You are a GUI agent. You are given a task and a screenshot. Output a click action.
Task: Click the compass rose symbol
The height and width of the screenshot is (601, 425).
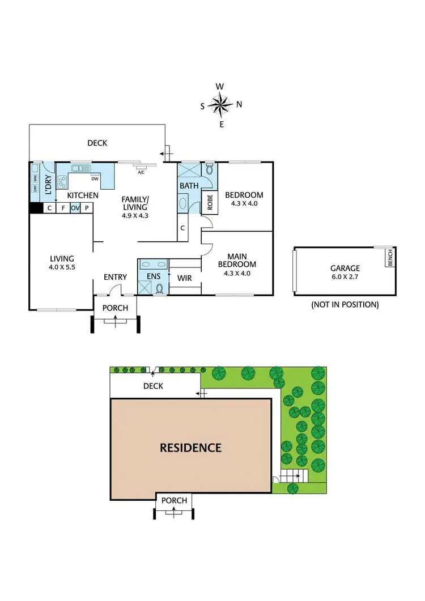point(220,105)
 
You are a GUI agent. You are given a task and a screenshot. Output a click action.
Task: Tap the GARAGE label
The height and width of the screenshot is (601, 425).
point(345,268)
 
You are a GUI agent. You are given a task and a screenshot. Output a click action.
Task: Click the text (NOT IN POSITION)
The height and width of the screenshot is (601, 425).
point(345,304)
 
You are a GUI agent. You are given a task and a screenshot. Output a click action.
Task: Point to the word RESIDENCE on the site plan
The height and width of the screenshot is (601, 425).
point(190,447)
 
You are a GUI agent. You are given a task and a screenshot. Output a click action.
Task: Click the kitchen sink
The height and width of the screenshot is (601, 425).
point(80,168)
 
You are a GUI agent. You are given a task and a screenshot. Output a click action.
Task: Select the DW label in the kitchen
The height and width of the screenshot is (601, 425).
point(95,180)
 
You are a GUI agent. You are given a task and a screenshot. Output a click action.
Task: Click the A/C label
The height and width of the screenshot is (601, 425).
point(141,172)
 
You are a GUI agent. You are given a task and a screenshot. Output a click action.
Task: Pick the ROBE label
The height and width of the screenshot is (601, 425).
point(210,202)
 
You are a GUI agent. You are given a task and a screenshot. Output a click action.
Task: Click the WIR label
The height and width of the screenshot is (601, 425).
point(184,278)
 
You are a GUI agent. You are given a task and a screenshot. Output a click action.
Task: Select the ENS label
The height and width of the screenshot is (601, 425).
point(154,276)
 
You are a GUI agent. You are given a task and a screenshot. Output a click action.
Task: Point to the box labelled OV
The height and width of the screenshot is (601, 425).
point(75,208)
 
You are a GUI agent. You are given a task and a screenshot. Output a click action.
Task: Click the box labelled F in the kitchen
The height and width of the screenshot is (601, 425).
point(62,208)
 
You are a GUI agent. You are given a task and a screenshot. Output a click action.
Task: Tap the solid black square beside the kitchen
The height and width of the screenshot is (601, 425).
point(36,208)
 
